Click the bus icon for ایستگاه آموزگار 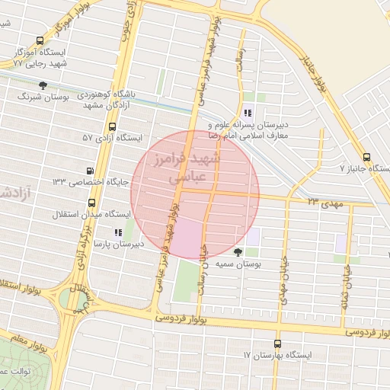click(x=40, y=41)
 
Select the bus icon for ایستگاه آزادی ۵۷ click(x=113, y=126)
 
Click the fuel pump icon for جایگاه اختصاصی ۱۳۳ click(x=91, y=171)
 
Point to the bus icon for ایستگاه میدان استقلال click(x=92, y=203)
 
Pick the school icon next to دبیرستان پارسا click(x=117, y=232)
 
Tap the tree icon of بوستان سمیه click(x=240, y=251)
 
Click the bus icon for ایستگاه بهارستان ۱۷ click(x=277, y=344)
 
